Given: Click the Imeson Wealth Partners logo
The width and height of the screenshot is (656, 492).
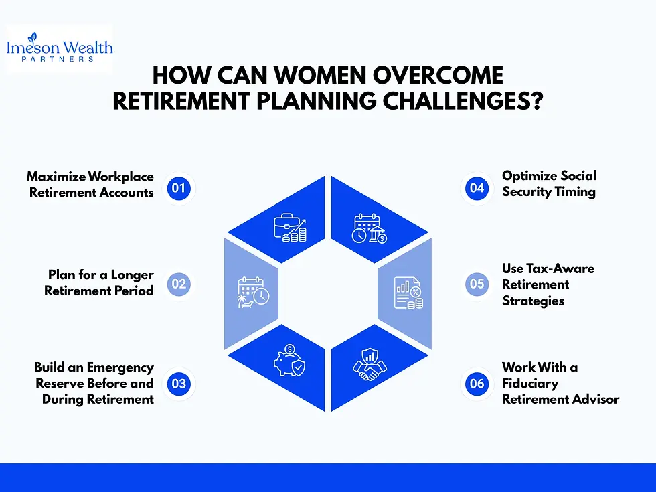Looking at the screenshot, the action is point(60,48).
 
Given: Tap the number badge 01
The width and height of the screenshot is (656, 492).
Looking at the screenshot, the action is point(179,188).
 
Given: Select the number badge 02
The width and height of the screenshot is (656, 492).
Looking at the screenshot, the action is point(179,284).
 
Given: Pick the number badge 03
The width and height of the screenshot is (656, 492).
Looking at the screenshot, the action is point(179,383).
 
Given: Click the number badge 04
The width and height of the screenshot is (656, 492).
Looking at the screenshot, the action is point(477,188).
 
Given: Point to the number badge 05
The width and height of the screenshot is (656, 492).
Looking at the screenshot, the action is point(477,284).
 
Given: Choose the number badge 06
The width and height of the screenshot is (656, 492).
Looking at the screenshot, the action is point(477,383).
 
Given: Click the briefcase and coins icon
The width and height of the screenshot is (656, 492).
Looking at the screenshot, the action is point(290,228).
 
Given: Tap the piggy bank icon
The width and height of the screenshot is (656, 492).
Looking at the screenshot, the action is point(289,360).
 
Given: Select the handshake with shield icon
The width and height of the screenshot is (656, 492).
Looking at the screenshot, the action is point(370,364).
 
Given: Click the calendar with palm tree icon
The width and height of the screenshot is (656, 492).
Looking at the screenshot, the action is point(253,292).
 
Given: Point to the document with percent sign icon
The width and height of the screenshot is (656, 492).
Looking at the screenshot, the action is point(408,293).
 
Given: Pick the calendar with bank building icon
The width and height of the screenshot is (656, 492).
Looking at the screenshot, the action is point(369,228).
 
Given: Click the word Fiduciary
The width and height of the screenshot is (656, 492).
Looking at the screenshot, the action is point(530,384).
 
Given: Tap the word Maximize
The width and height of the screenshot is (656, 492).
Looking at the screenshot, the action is point(56,177).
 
